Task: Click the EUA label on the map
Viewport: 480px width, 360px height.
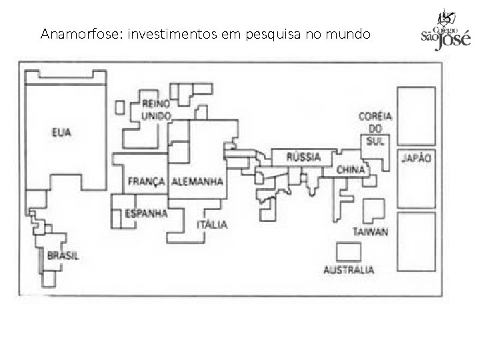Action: click(61, 133)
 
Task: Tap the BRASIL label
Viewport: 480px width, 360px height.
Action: click(63, 255)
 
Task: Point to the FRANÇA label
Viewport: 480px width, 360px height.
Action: click(147, 181)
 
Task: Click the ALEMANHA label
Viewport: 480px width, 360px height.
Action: click(197, 181)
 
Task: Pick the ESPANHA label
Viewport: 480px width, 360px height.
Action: click(147, 213)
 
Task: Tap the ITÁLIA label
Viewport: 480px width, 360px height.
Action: click(212, 225)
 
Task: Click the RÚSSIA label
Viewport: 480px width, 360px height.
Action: click(303, 157)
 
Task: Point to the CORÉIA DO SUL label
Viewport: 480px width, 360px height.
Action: click(375, 127)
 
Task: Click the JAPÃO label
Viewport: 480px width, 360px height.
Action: click(415, 159)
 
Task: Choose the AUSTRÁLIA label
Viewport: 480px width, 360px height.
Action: click(349, 270)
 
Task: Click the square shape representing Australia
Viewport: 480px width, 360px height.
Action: click(348, 252)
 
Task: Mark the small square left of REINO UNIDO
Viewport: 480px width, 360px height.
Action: click(120, 107)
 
